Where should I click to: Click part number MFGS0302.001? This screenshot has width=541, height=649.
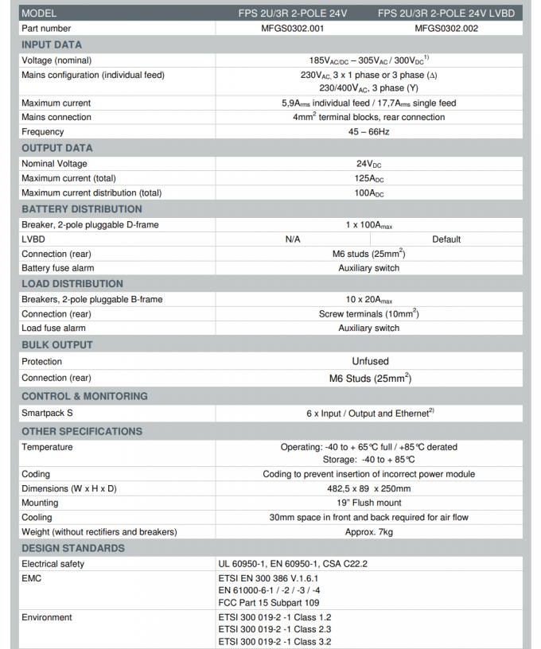click(292, 28)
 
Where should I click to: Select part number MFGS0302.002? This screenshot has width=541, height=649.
click(446, 28)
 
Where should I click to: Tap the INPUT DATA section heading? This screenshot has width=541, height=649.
click(52, 45)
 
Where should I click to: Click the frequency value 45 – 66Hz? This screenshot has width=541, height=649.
click(368, 131)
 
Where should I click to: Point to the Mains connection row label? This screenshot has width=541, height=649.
click(56, 117)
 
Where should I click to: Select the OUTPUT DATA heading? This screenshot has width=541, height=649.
click(56, 148)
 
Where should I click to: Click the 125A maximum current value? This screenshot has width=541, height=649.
click(368, 178)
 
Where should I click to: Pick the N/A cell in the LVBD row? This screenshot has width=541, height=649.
click(292, 239)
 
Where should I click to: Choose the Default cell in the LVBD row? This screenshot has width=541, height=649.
click(446, 239)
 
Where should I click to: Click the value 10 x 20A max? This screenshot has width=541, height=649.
click(368, 299)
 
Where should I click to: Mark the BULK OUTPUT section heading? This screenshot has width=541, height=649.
click(57, 345)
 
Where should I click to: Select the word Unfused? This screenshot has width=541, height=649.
click(370, 361)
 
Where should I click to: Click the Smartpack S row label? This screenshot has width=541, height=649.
click(47, 414)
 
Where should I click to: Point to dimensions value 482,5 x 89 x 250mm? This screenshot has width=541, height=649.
click(368, 488)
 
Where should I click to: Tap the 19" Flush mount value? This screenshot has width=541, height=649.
click(368, 503)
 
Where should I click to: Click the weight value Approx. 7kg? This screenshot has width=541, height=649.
click(368, 531)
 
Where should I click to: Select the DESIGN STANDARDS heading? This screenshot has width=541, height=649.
click(73, 548)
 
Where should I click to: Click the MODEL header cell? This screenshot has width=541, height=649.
click(39, 14)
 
